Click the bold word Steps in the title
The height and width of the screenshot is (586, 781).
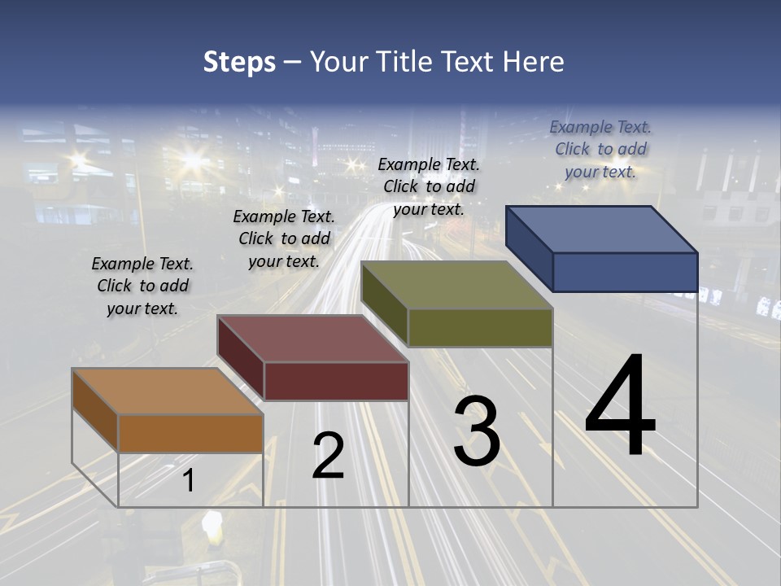[x=239, y=62]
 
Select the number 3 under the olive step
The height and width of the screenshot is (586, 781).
[x=477, y=431]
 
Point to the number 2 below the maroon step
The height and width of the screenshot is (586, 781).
[x=328, y=456]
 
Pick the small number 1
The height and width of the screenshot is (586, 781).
[x=188, y=481]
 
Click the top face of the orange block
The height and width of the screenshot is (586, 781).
[x=167, y=391]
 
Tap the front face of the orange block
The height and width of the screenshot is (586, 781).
[x=190, y=433]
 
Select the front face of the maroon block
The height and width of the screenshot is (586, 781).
[x=336, y=381]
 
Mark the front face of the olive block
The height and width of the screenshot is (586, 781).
[x=480, y=327]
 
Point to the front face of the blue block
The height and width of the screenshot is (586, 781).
[x=625, y=272]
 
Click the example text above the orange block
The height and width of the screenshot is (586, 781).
[x=142, y=286]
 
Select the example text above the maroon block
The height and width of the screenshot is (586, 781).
[x=284, y=238]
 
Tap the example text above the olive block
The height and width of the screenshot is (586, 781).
[x=429, y=186]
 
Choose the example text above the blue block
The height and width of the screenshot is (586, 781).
[x=600, y=149]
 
